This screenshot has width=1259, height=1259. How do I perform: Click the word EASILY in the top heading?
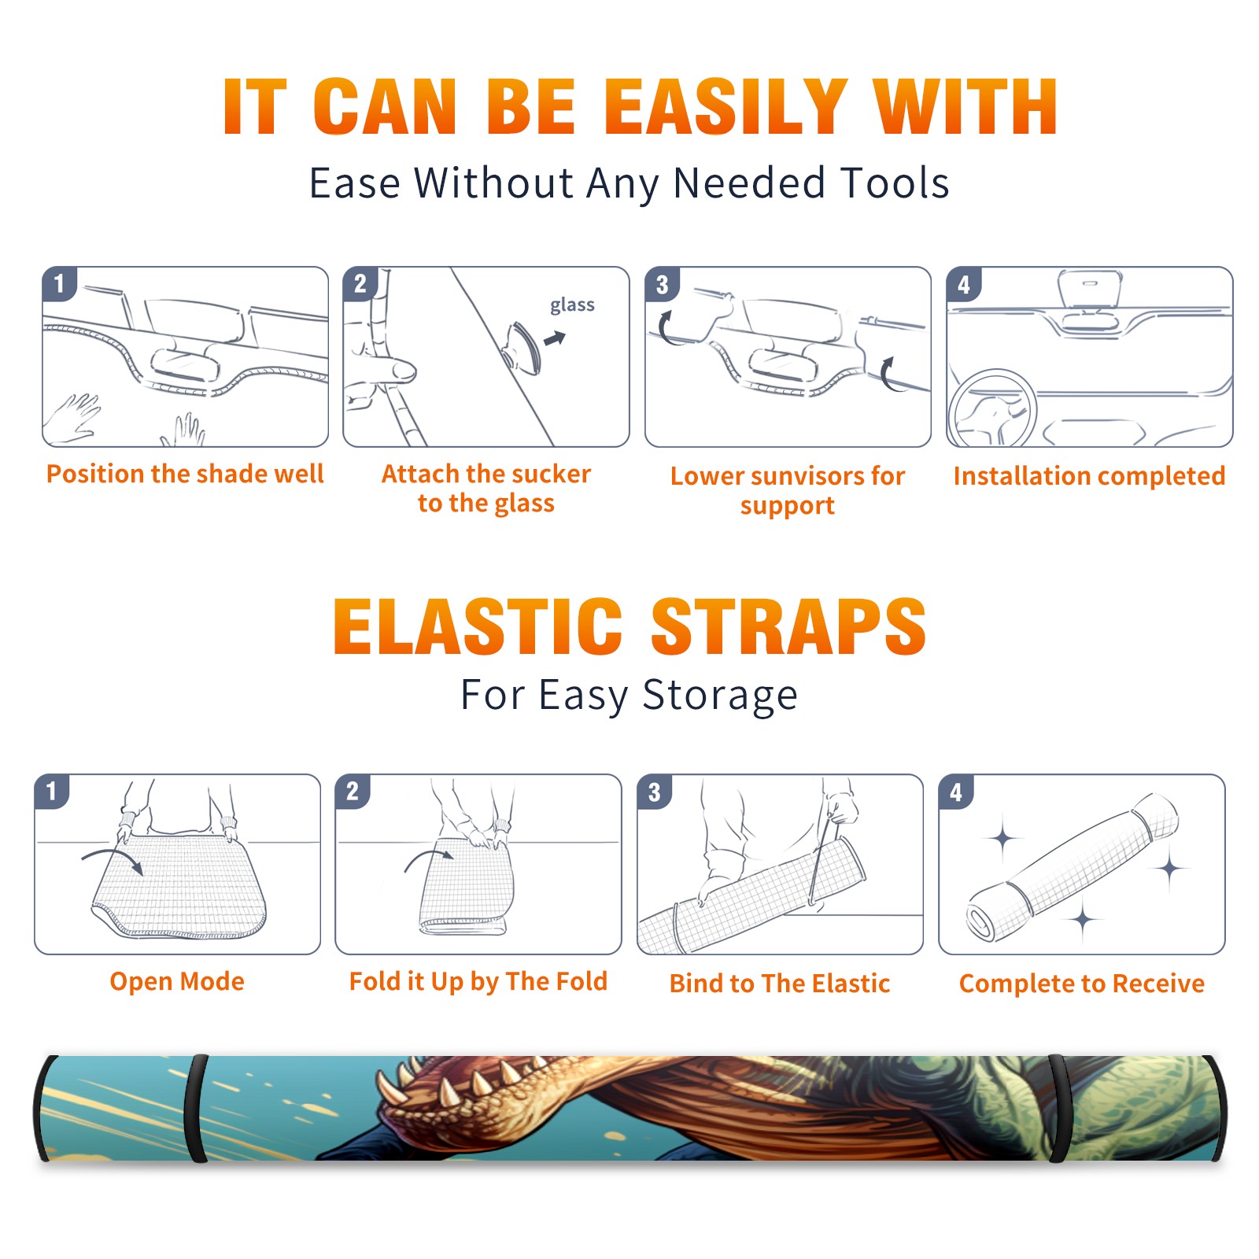tap(725, 107)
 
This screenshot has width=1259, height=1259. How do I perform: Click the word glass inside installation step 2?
tap(572, 305)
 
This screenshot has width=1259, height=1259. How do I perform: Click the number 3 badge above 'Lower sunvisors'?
tap(662, 284)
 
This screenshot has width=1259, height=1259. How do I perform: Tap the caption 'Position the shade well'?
tap(185, 474)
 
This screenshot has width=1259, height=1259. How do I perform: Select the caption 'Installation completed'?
tap(1089, 476)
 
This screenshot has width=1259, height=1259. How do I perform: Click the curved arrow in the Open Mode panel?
tap(113, 859)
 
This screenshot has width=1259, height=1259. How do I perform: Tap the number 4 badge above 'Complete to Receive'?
tap(956, 792)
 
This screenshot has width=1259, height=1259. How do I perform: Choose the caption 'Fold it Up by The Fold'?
tap(478, 981)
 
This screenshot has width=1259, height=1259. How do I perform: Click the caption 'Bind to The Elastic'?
tap(780, 984)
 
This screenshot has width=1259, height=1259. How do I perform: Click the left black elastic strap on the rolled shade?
tap(196, 1108)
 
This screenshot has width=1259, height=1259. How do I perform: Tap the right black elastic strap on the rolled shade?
tap(1058, 1108)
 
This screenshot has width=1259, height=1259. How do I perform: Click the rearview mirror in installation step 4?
tap(1090, 289)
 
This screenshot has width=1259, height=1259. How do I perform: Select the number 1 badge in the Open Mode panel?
tap(52, 791)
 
